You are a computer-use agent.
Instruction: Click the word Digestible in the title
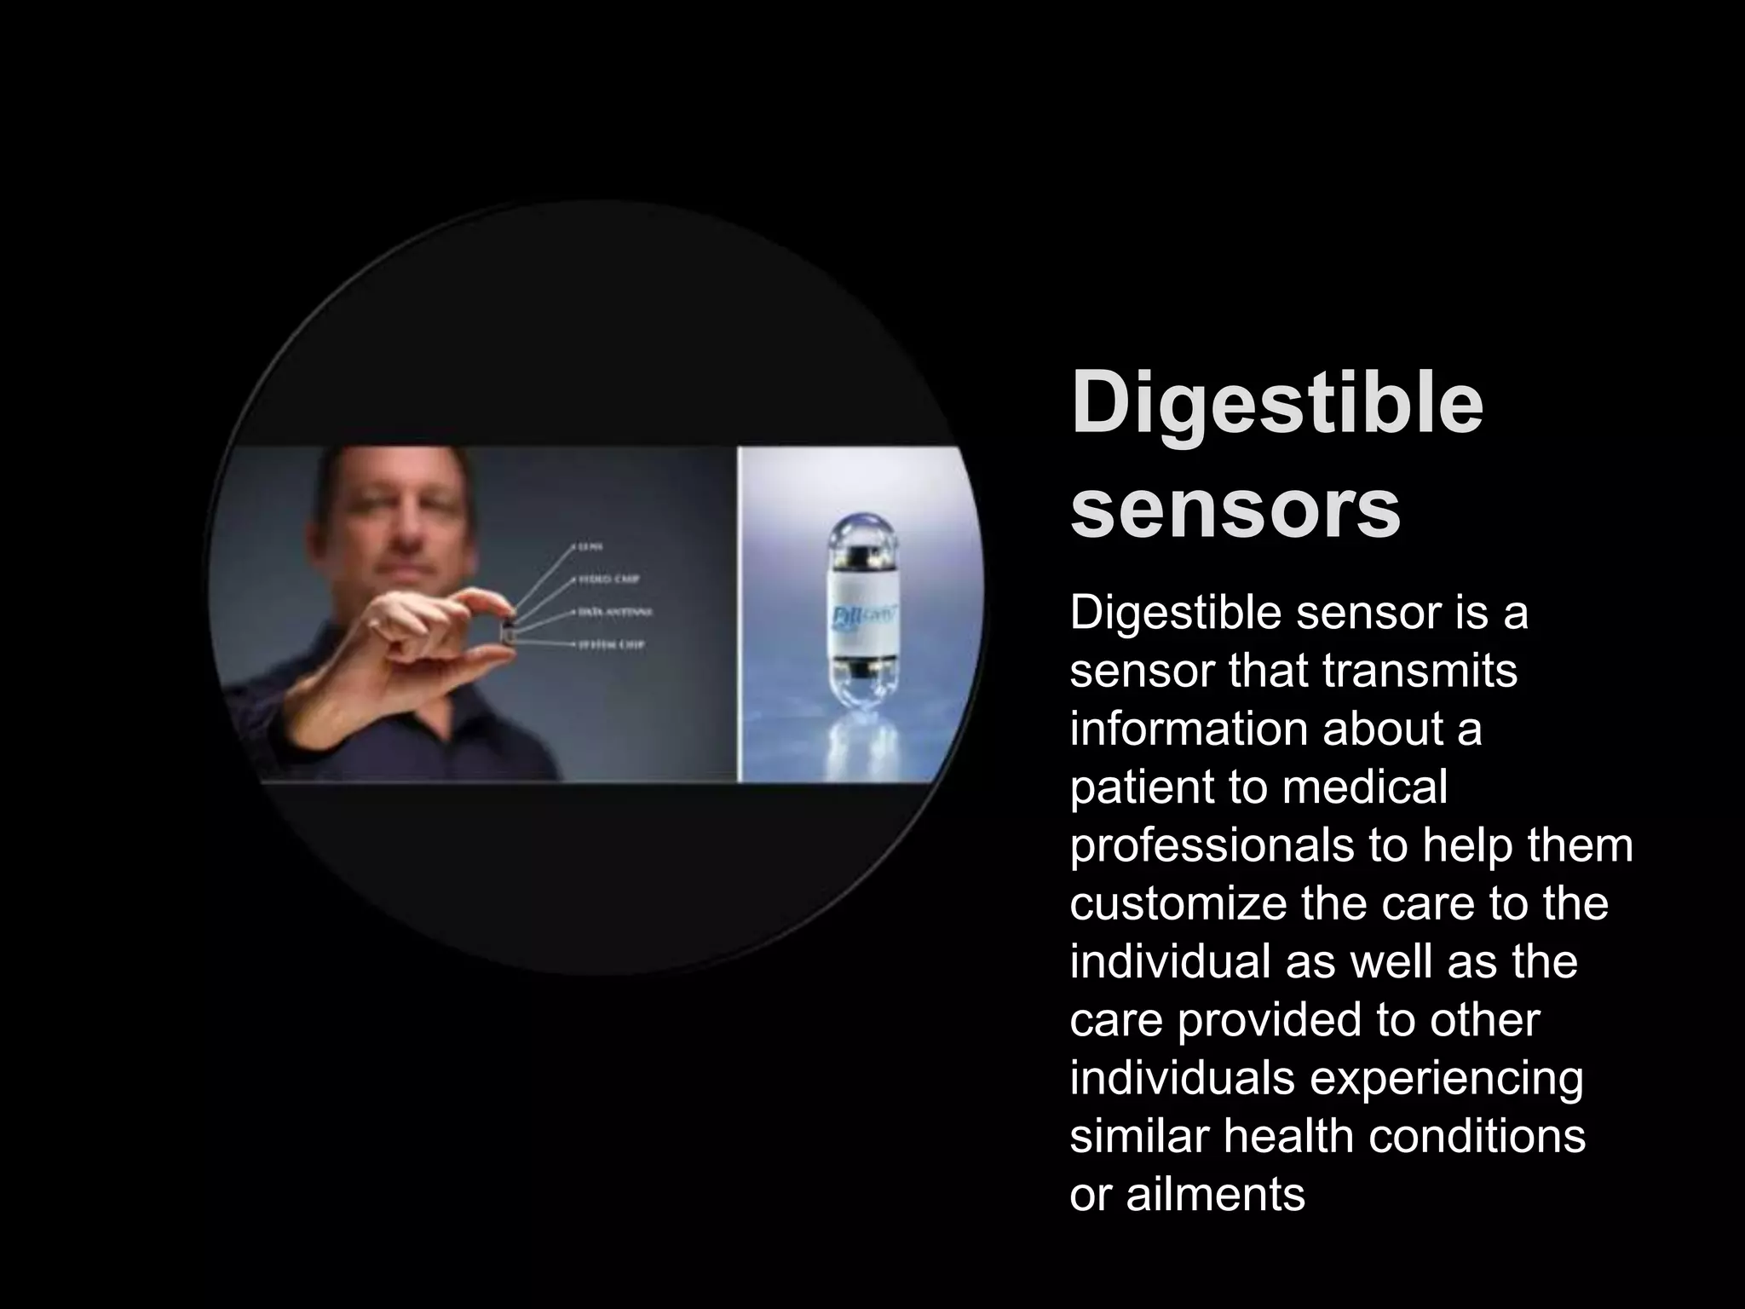click(x=1276, y=401)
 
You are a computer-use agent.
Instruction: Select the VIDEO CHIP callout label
click(x=608, y=580)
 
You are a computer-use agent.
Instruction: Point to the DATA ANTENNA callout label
click(x=615, y=612)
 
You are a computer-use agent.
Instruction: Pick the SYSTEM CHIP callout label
click(x=611, y=645)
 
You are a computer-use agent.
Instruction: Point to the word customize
click(x=1177, y=903)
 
